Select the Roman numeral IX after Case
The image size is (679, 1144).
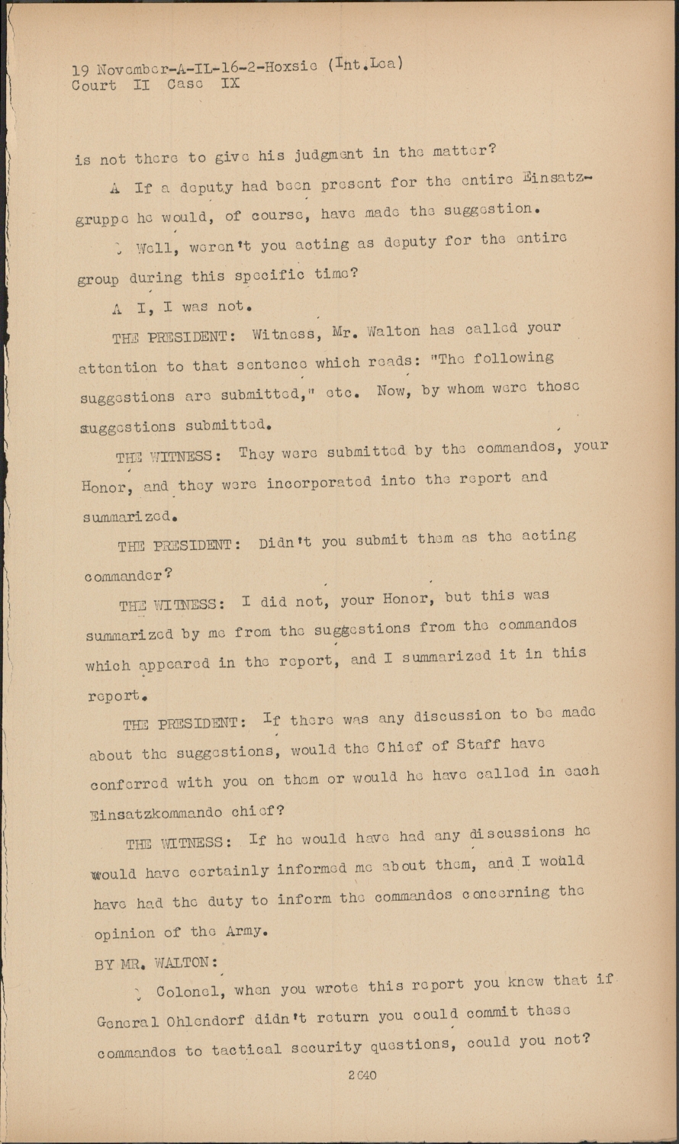tap(230, 83)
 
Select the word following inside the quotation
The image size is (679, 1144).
tap(513, 358)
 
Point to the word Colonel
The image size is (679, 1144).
tap(189, 991)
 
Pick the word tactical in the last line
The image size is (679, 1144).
tap(248, 1050)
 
